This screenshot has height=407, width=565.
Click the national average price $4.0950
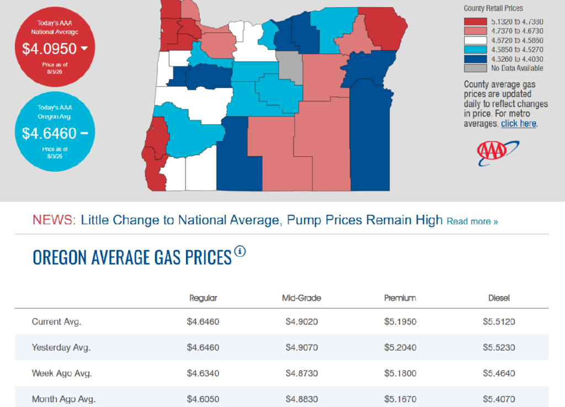(x=49, y=49)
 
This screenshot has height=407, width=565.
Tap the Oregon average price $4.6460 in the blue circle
(x=49, y=134)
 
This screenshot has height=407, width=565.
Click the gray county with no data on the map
(x=290, y=67)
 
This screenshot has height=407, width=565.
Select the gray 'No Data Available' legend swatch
(x=475, y=68)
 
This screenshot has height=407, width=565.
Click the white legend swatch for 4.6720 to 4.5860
(x=475, y=40)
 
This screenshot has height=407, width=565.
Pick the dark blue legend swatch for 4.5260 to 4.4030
(x=475, y=59)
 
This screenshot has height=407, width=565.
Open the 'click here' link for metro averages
(x=519, y=124)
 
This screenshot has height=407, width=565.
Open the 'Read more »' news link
(x=472, y=221)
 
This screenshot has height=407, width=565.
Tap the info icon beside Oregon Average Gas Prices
(x=240, y=251)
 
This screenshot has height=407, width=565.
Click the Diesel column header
(x=499, y=298)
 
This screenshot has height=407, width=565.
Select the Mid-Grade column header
(x=301, y=298)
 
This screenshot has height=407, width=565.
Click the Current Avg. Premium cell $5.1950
(x=400, y=321)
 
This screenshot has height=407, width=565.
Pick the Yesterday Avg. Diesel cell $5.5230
(x=499, y=347)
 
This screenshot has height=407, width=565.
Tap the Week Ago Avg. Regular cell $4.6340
(x=203, y=373)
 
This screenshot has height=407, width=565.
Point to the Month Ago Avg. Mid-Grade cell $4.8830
(x=302, y=399)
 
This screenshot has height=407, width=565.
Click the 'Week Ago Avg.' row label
(x=62, y=373)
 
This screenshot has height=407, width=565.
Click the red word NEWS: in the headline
(x=54, y=220)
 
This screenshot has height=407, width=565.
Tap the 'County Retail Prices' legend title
(x=493, y=8)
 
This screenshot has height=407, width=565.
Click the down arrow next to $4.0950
(x=84, y=48)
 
